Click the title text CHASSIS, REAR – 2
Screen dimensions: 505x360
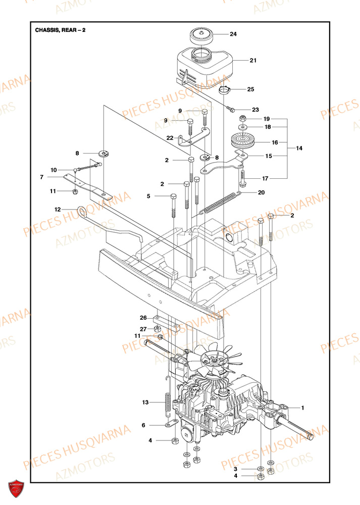(60, 30)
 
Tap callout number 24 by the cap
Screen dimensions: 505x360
(233, 34)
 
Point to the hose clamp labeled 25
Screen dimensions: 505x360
(227, 90)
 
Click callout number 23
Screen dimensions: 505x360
(255, 110)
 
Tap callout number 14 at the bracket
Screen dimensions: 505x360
(299, 148)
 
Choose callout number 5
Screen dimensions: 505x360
(148, 195)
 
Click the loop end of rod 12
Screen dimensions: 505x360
(84, 210)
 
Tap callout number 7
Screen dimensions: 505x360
(42, 177)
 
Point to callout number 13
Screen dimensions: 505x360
(145, 402)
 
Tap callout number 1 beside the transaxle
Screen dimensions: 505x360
(302, 407)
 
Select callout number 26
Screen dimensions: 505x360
(143, 318)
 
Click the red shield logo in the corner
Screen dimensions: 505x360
(16, 488)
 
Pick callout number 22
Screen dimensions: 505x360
(170, 138)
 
